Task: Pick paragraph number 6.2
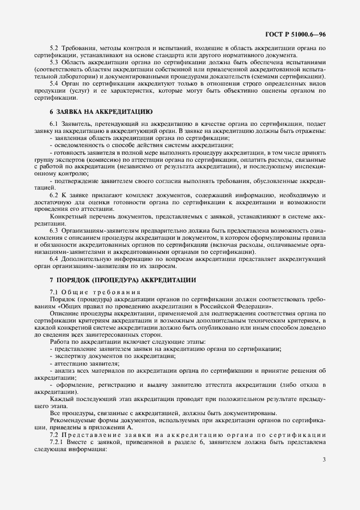[x=54, y=195]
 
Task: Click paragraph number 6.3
[x=54, y=232]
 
